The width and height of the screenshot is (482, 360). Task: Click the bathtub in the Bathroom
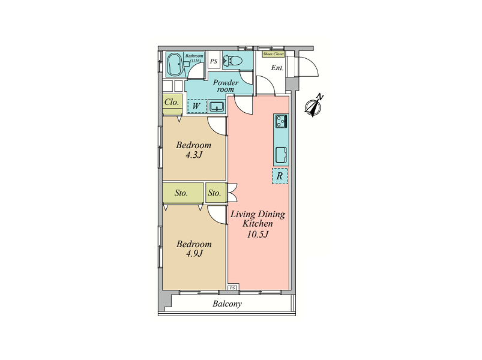coord(175,64)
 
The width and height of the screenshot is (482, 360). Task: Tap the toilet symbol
coord(233,61)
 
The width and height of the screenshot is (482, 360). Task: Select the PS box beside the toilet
coord(214,61)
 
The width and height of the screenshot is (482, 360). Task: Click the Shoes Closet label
coord(273,54)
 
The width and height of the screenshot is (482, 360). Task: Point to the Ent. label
coord(277,68)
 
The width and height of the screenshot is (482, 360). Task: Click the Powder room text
coord(226,86)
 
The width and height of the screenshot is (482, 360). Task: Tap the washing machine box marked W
coord(197,106)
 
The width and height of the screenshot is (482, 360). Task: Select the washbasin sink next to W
coord(217,107)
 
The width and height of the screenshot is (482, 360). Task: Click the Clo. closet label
coord(172,102)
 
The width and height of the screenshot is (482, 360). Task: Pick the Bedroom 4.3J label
coord(194,149)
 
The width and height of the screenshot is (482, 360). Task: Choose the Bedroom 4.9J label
coord(194,248)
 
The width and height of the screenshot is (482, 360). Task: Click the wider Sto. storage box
coord(183,193)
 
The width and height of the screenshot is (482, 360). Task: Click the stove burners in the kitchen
coord(282,121)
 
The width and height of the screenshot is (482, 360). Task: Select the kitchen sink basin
coord(282,155)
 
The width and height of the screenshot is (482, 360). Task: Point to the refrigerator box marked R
coord(280,176)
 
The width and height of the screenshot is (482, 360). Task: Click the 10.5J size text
coord(258,235)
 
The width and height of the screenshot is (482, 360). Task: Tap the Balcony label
coord(227,304)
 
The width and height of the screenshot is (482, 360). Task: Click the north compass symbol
coord(313,106)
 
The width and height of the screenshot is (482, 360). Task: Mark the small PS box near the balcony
coord(233,288)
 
